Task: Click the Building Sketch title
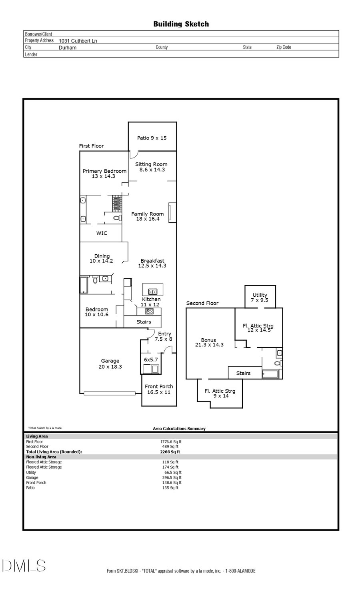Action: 181,24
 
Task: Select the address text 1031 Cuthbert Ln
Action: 78,41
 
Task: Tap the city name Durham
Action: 67,48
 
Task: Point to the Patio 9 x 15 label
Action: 152,138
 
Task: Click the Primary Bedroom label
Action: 104,174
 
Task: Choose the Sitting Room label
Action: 151,167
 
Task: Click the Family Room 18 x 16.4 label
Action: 147,216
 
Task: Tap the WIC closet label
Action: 102,233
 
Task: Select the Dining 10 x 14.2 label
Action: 102,258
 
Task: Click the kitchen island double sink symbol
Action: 152,292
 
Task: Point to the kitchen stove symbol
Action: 149,311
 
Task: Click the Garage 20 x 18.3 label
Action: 110,363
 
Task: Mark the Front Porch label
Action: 159,389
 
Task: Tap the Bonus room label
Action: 209,342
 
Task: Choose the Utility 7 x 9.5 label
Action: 260,297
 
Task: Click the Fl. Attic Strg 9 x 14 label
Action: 220,393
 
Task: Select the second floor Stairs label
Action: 243,373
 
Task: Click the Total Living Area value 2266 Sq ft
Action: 170,452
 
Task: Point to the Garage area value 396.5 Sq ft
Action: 172,477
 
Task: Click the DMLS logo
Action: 24,565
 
